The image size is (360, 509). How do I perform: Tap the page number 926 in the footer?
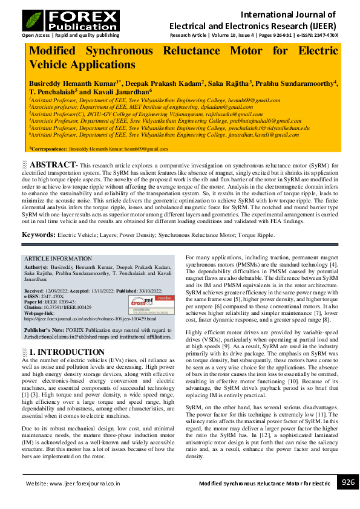coord(348,482)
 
